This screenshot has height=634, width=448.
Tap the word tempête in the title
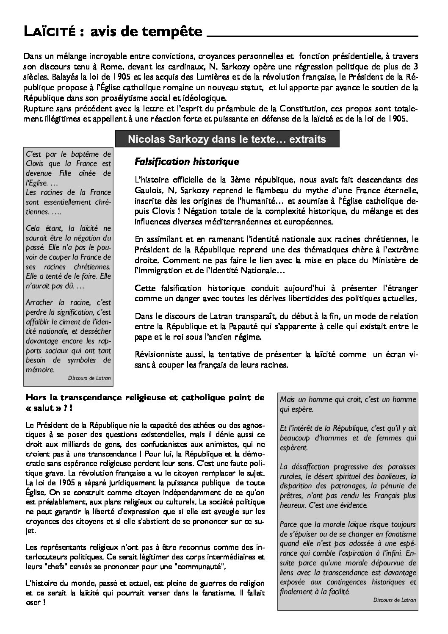pyautogui.click(x=176, y=32)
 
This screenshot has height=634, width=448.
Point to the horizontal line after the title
pyautogui.click(x=312, y=36)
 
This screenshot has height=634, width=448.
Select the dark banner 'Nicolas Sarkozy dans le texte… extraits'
pyautogui.click(x=227, y=139)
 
